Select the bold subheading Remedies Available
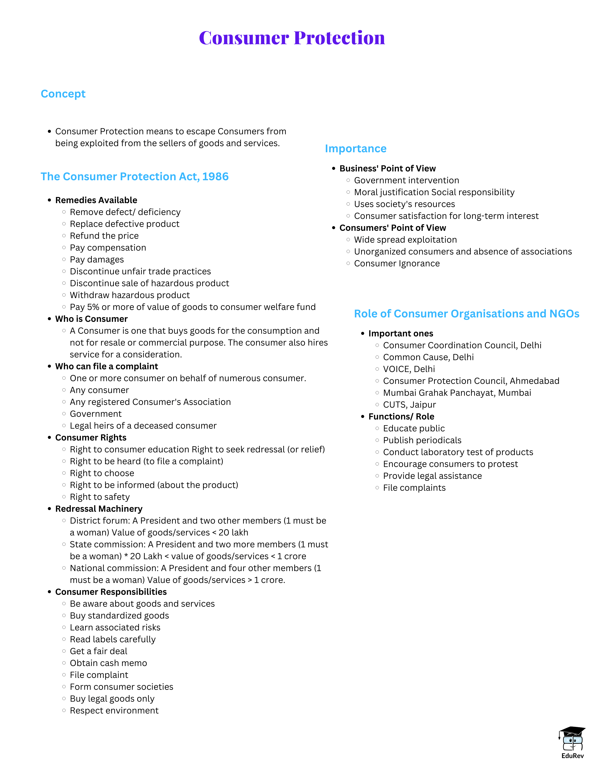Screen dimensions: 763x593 [x=96, y=200]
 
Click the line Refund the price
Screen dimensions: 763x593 [x=104, y=236]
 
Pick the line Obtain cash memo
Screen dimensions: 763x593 [x=108, y=663]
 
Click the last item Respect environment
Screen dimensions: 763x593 [x=114, y=711]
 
